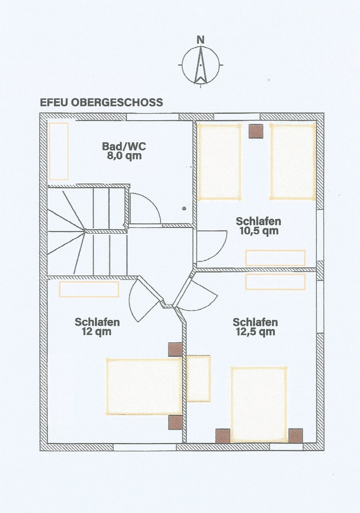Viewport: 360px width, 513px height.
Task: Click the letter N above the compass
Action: pyautogui.click(x=201, y=40)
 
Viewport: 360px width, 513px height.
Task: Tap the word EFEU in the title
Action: pyautogui.click(x=54, y=103)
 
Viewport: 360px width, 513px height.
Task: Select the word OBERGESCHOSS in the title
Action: pyautogui.click(x=117, y=103)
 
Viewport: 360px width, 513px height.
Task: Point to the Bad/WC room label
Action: pyautogui.click(x=124, y=146)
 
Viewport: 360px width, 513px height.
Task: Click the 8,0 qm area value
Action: pyautogui.click(x=124, y=156)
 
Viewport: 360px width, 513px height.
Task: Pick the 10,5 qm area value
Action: pyautogui.click(x=259, y=231)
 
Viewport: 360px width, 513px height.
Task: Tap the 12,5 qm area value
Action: pyautogui.click(x=255, y=332)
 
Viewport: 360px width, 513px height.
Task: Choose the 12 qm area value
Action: pyautogui.click(x=97, y=332)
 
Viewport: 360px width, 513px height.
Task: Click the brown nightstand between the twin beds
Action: pyautogui.click(x=256, y=132)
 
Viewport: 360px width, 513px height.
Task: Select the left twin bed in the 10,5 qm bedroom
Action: pyautogui.click(x=219, y=162)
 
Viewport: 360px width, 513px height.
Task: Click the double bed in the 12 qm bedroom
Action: pyautogui.click(x=144, y=386)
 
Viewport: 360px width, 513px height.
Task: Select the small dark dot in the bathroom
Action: pyautogui.click(x=184, y=209)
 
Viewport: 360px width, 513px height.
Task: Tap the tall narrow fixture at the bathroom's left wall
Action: pyautogui.click(x=59, y=151)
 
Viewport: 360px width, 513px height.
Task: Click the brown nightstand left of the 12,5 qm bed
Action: pyautogui.click(x=223, y=436)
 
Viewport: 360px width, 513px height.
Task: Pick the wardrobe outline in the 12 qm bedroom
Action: pyautogui.click(x=89, y=289)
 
